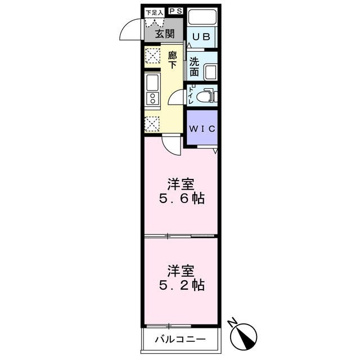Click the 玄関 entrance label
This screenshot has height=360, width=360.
click(x=165, y=34)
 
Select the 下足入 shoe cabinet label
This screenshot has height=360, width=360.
click(x=154, y=12)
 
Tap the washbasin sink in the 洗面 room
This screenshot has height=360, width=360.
click(x=210, y=73)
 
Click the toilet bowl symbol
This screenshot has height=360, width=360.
click(x=209, y=96)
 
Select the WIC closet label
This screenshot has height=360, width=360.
click(x=201, y=128)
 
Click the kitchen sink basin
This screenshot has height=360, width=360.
click(x=152, y=84)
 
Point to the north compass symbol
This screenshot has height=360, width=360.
click(x=245, y=335)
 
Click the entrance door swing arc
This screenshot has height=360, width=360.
click(x=131, y=29)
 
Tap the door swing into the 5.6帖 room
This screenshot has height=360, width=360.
click(x=171, y=145)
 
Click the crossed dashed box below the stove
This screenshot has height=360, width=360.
click(x=152, y=122)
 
